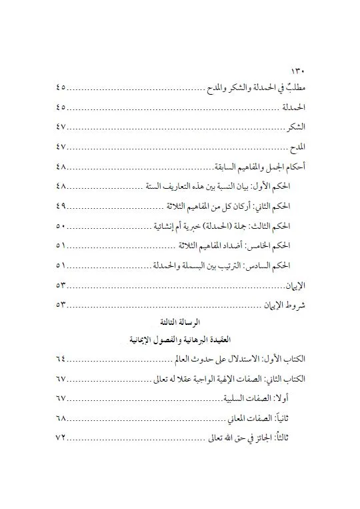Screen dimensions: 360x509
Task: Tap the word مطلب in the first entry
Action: pyautogui.click(x=293, y=88)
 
